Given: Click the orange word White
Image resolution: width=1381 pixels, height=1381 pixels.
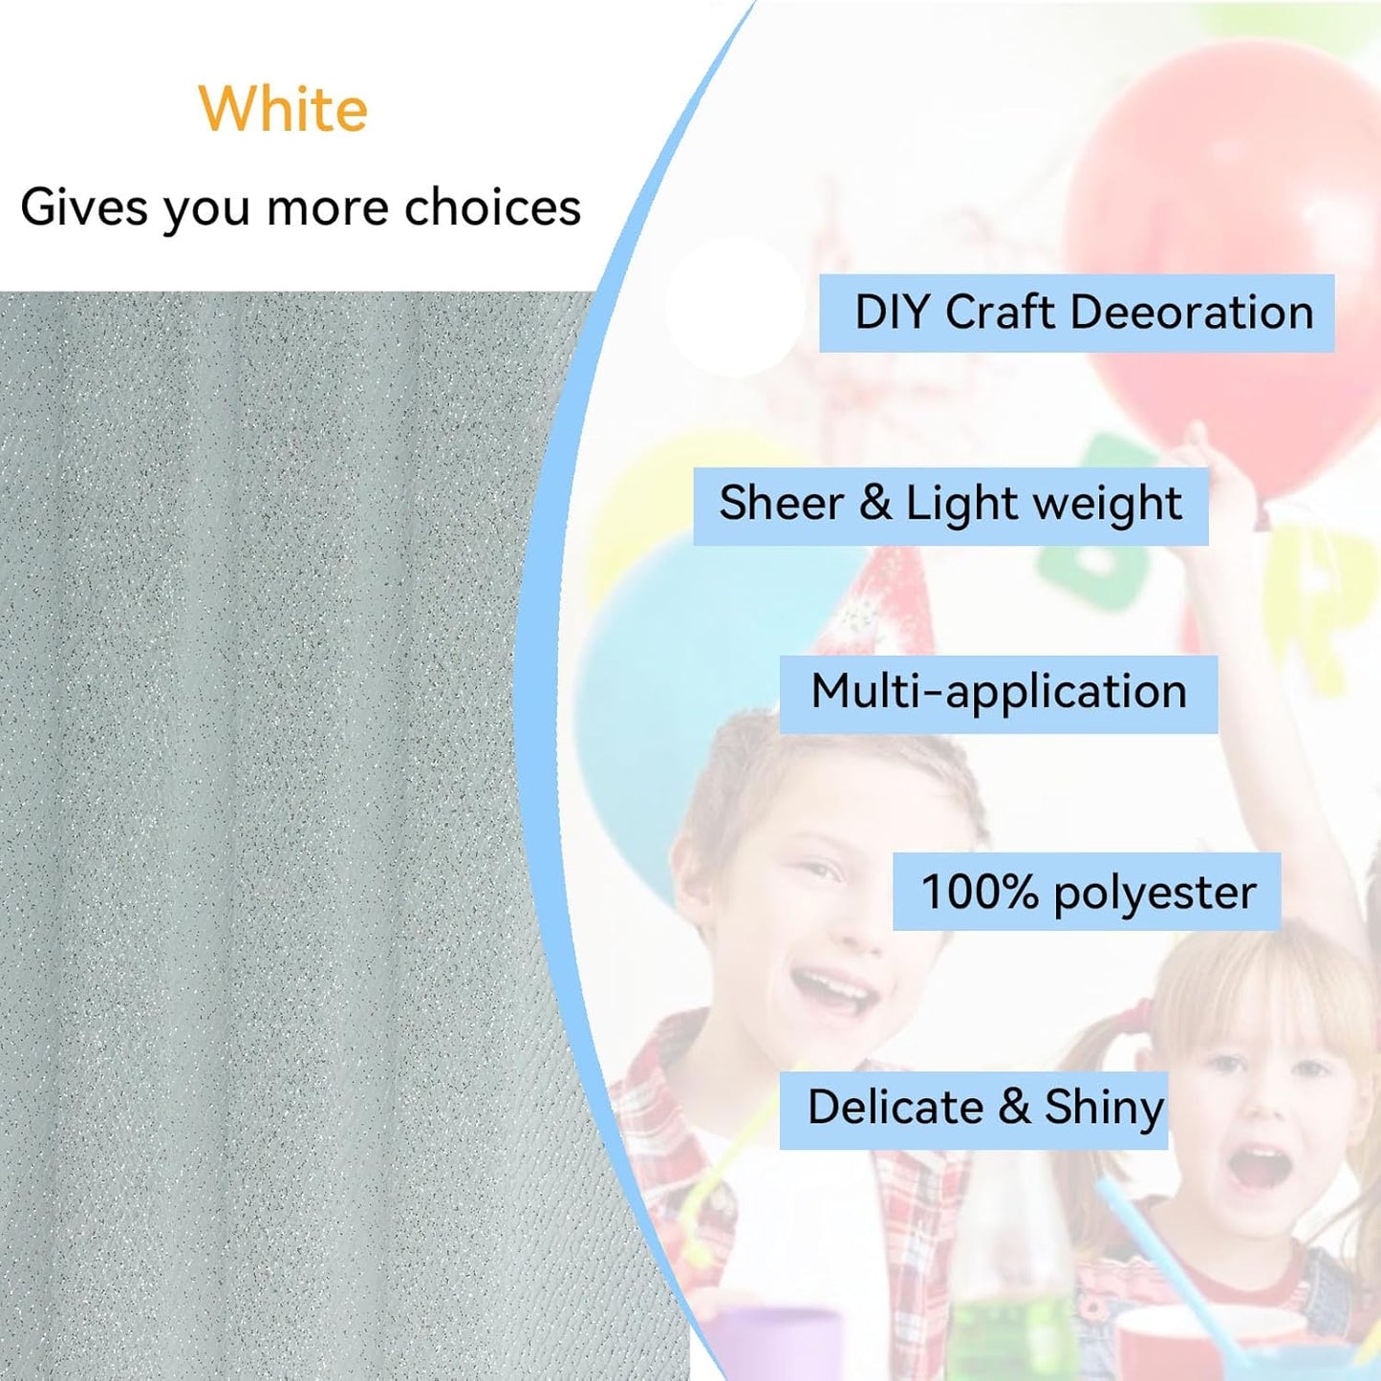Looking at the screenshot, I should pyautogui.click(x=283, y=109).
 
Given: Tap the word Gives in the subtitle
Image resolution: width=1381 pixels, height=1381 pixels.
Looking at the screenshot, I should pyautogui.click(x=84, y=207).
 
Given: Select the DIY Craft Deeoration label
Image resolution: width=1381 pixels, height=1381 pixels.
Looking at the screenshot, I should pyautogui.click(x=1076, y=313).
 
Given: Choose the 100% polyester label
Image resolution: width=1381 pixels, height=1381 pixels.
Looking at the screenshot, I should pyautogui.click(x=1086, y=892).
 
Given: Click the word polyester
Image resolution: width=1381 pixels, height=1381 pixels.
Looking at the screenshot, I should pyautogui.click(x=1154, y=894).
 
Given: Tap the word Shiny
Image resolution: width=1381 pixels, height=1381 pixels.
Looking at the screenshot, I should pyautogui.click(x=1104, y=1109).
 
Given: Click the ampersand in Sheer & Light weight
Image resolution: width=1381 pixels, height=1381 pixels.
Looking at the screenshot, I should pyautogui.click(x=874, y=504).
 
